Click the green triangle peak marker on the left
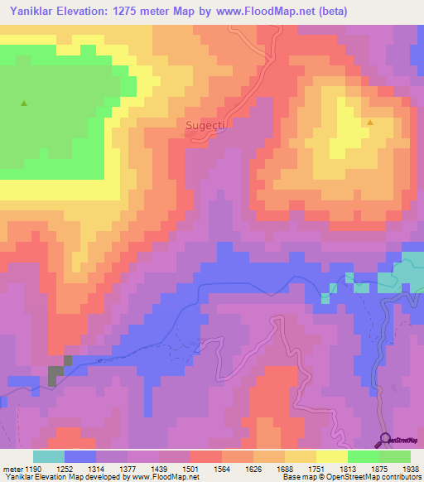(x=24, y=104)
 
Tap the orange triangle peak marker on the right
(x=370, y=123)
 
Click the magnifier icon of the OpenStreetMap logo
(x=385, y=438)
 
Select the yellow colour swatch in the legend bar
(x=331, y=456)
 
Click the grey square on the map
(x=57, y=374)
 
